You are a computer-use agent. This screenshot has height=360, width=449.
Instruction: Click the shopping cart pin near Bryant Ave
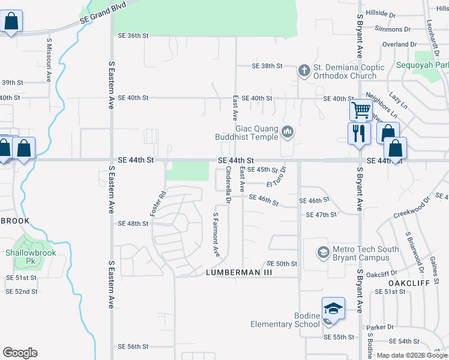360,111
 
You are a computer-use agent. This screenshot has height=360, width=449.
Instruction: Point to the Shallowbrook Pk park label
31,257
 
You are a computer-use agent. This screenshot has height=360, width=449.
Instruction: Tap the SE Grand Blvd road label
104,20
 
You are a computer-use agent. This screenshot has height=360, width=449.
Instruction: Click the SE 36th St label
133,36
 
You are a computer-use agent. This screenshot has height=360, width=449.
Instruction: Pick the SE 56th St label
133,347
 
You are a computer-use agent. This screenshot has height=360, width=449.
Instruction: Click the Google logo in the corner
20,353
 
